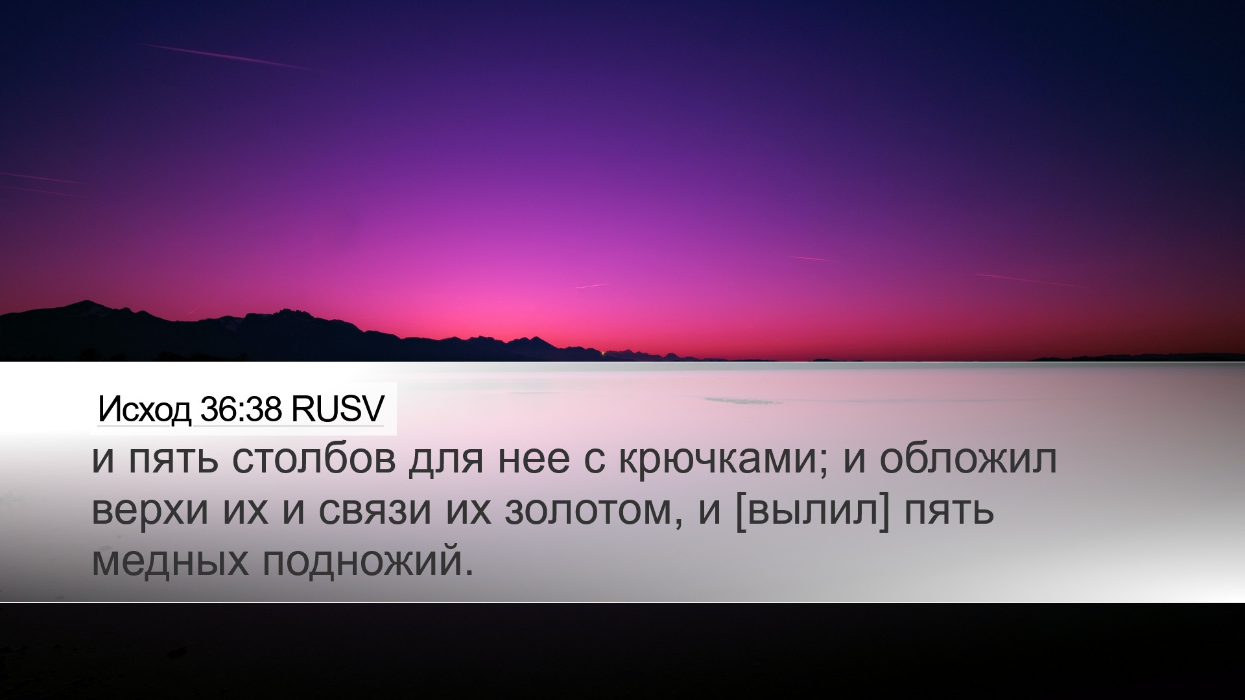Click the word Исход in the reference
coord(145,410)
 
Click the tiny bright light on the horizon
coord(604,353)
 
